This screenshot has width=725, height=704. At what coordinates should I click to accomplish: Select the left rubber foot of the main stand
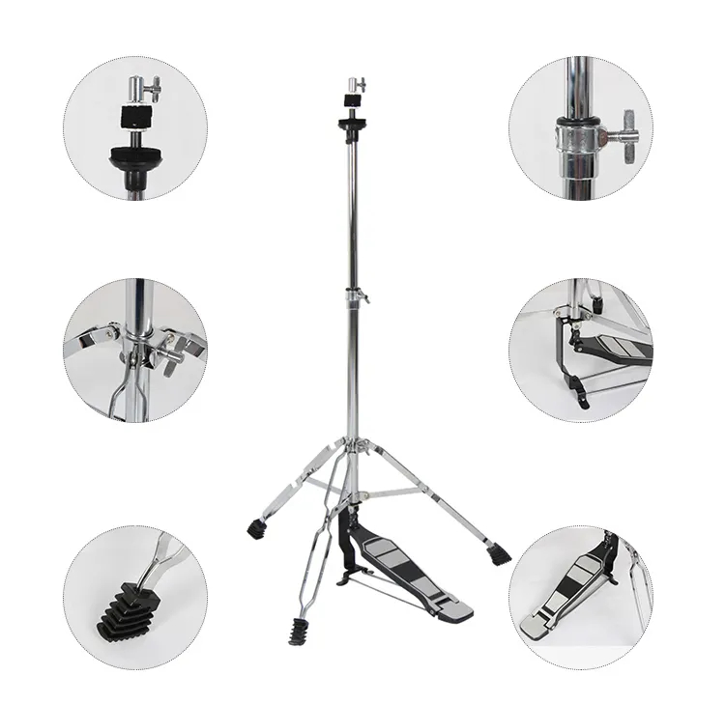(x=256, y=528)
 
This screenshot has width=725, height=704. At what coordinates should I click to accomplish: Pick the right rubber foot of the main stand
(x=499, y=555)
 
